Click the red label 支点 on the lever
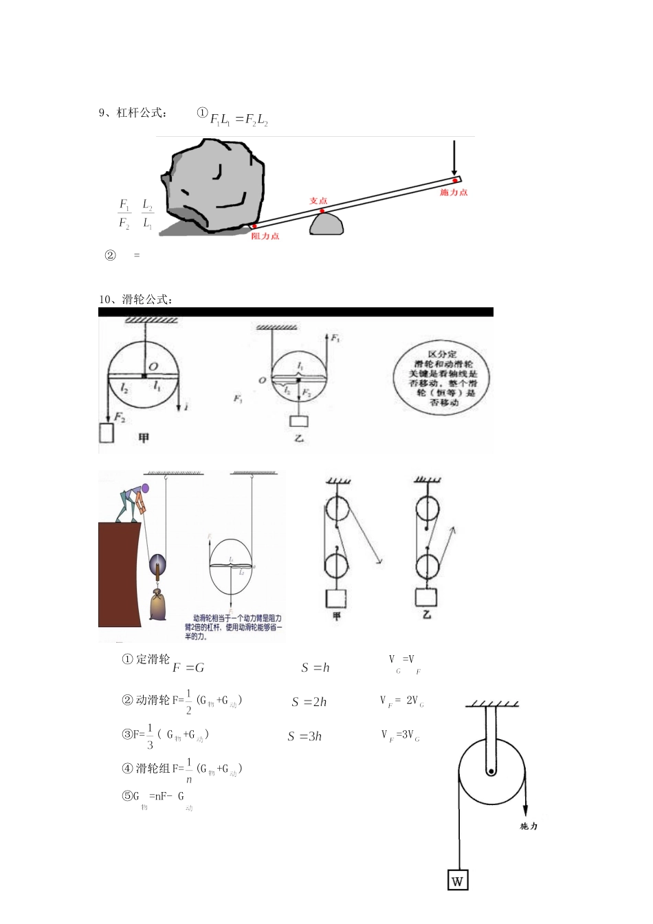(318, 201)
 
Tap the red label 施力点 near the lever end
(454, 192)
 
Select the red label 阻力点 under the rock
(265, 236)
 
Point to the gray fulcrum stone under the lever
(326, 224)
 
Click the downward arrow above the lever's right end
(454, 158)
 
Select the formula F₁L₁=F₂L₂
(239, 119)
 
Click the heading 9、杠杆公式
(133, 113)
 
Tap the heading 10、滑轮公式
(135, 299)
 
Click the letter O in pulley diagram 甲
(153, 366)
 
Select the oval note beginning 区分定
(443, 378)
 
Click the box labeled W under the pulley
(458, 881)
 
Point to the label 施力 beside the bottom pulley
(529, 826)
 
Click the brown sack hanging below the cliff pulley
(158, 605)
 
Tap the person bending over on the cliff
(132, 502)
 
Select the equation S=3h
(305, 736)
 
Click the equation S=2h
(309, 702)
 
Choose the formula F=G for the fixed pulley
(188, 668)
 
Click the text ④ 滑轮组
(146, 769)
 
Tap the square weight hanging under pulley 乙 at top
(299, 421)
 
